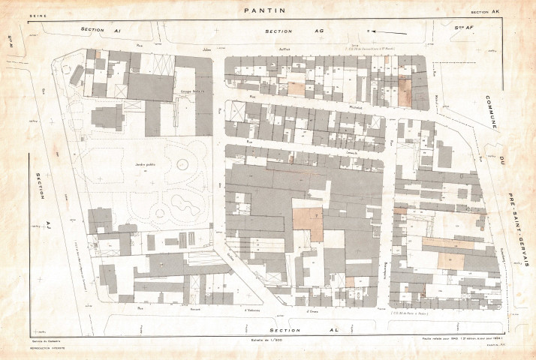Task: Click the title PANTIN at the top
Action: (x=266, y=10)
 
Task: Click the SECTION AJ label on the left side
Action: (x=39, y=202)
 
